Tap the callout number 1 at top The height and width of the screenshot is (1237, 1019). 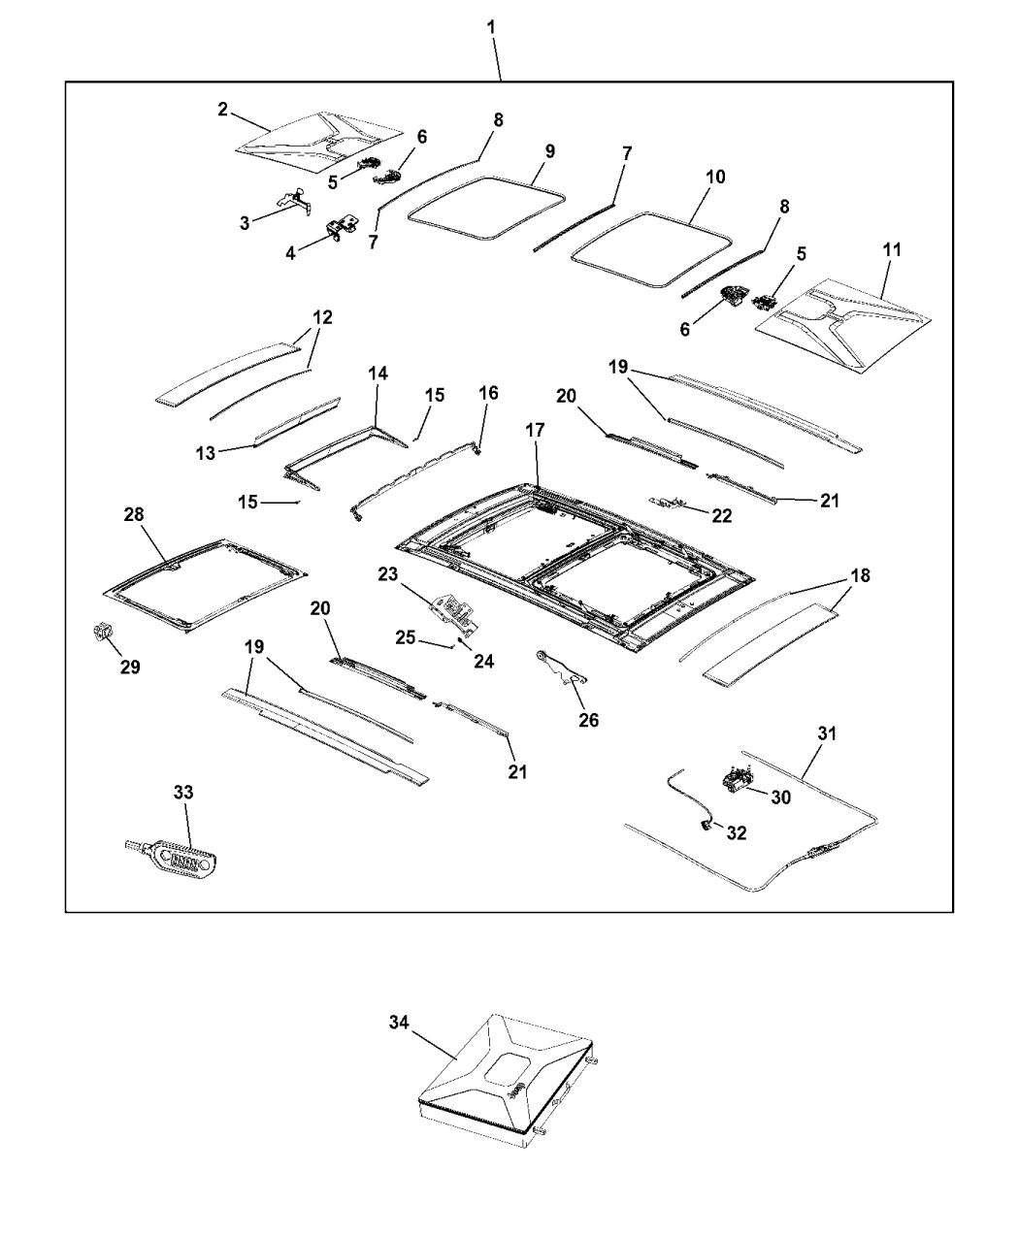click(x=492, y=27)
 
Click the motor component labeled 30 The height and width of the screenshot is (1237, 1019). click(x=739, y=777)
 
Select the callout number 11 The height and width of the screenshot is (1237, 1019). click(x=891, y=250)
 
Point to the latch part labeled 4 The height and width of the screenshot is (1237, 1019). click(x=340, y=230)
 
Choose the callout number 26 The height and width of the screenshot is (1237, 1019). click(x=589, y=720)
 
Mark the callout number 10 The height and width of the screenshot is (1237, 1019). click(x=714, y=178)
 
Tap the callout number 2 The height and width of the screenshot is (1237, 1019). click(x=223, y=110)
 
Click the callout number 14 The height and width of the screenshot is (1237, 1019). click(x=377, y=373)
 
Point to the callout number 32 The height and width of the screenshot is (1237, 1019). click(x=736, y=833)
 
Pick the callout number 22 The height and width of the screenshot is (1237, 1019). click(x=721, y=516)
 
